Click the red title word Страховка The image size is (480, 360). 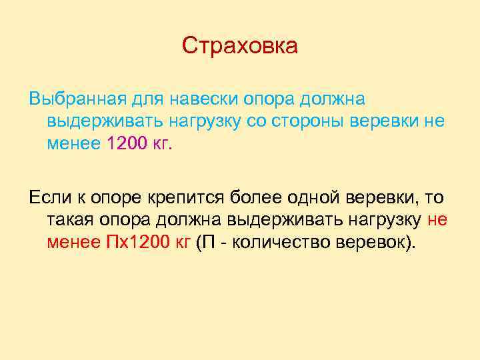point(240,47)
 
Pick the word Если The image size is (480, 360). point(48,197)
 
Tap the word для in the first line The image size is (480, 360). point(144,99)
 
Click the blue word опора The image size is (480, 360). point(267,99)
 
